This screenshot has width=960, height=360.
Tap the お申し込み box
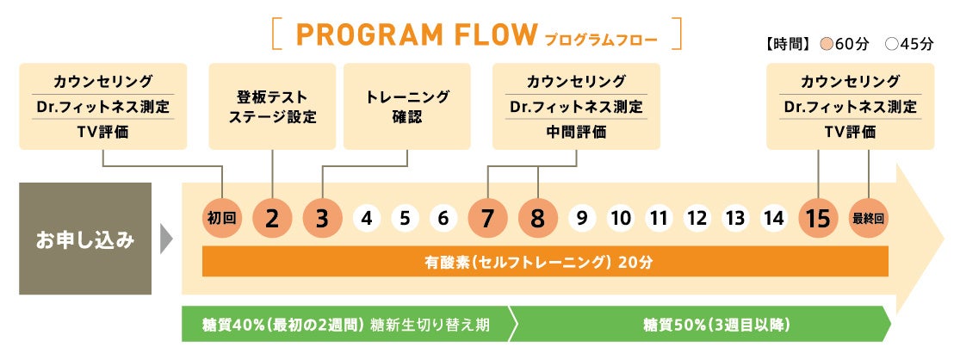[x=85, y=239]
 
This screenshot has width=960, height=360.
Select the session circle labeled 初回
[x=221, y=219]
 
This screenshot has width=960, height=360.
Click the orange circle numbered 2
[x=272, y=219]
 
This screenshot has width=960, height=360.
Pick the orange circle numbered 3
[x=322, y=219]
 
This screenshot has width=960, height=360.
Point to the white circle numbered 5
[x=405, y=219]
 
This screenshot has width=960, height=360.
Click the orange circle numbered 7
[x=488, y=219]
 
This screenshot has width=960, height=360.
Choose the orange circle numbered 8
[x=538, y=219]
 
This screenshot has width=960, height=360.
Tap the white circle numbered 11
[x=659, y=219]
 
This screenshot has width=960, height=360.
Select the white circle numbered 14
[x=774, y=219]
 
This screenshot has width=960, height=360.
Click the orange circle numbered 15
[x=819, y=219]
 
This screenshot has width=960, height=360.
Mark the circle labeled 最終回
[x=868, y=219]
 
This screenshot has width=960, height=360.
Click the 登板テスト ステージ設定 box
[x=272, y=106]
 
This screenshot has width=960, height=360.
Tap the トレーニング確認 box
[x=407, y=106]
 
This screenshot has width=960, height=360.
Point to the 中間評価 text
[x=576, y=132]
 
